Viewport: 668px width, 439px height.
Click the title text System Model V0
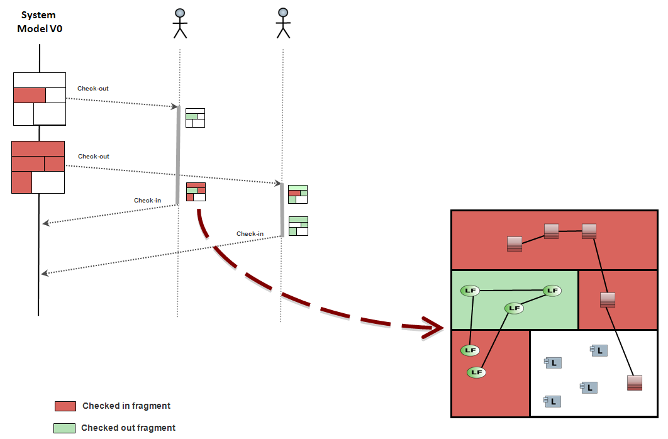tap(40, 22)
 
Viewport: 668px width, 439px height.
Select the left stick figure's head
tap(181, 13)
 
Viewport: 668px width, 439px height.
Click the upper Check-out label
tap(93, 89)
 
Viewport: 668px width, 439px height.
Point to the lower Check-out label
tap(94, 156)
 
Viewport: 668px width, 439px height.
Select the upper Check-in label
tap(147, 201)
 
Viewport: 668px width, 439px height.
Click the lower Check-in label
tap(250, 234)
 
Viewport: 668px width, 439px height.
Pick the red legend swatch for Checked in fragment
tap(65, 406)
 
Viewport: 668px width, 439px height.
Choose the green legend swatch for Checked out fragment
tap(64, 428)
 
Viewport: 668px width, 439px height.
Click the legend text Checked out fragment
tap(128, 428)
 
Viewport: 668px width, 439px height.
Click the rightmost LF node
tap(552, 290)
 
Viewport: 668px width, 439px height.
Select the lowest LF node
tap(477, 372)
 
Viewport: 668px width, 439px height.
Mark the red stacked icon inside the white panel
tap(635, 382)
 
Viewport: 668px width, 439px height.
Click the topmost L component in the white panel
tap(599, 350)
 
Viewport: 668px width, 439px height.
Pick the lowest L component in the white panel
tap(553, 401)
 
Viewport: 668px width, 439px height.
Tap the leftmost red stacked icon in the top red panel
tap(514, 243)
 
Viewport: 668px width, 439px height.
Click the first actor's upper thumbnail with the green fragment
tap(195, 118)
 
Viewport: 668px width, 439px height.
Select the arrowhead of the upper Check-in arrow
tap(44, 223)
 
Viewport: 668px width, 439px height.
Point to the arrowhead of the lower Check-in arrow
tap(44, 273)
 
